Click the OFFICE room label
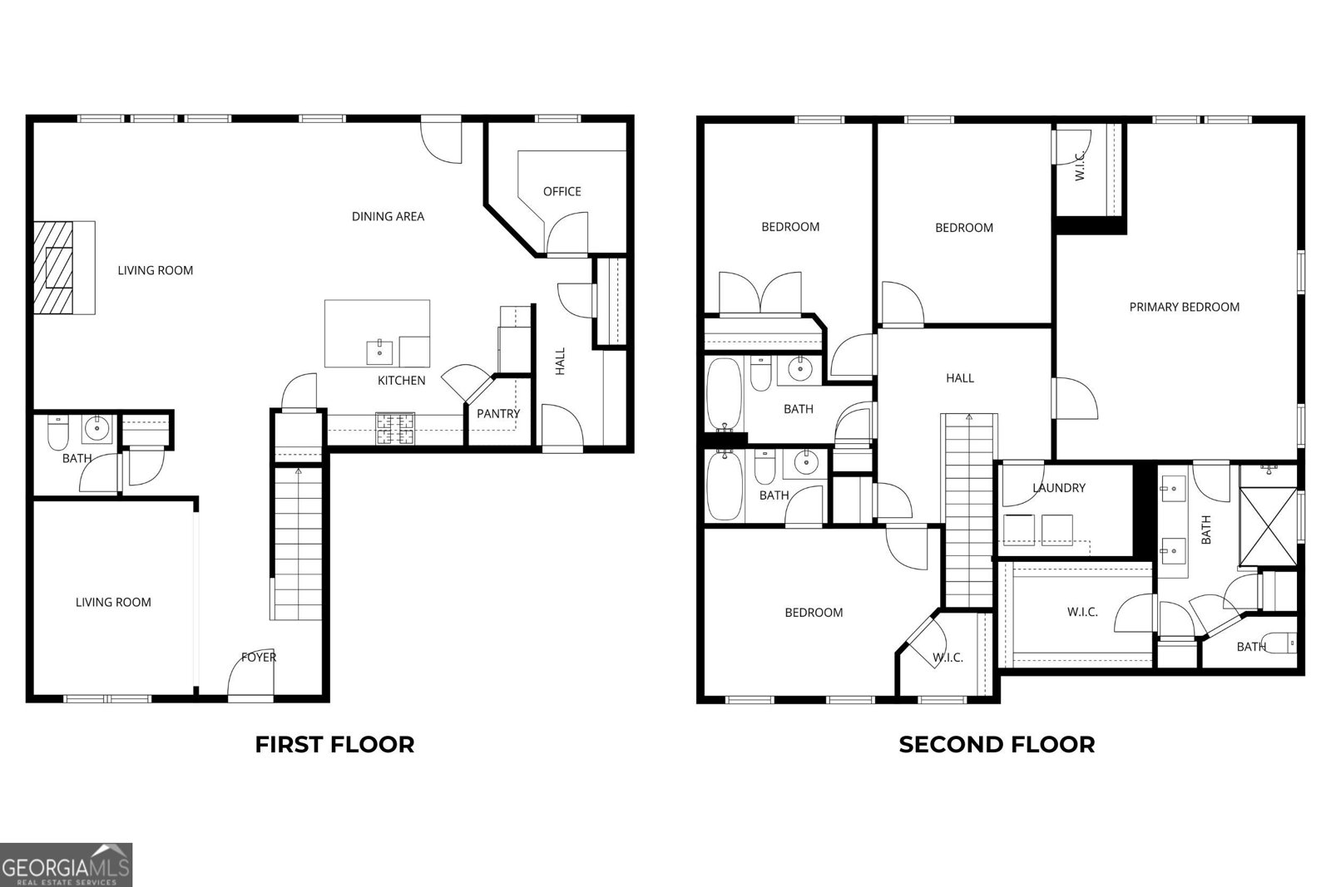tap(562, 191)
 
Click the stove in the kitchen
tap(395, 428)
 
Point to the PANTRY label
tap(497, 413)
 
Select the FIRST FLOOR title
tap(334, 744)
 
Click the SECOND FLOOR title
tap(997, 744)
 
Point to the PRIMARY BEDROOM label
tap(1184, 307)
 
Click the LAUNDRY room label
tap(1058, 488)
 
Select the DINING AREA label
tap(388, 216)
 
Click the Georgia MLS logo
tap(66, 865)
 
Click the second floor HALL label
tap(959, 378)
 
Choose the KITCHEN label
tap(401, 381)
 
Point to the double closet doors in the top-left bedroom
tap(760, 293)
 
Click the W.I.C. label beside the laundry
tap(1082, 612)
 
